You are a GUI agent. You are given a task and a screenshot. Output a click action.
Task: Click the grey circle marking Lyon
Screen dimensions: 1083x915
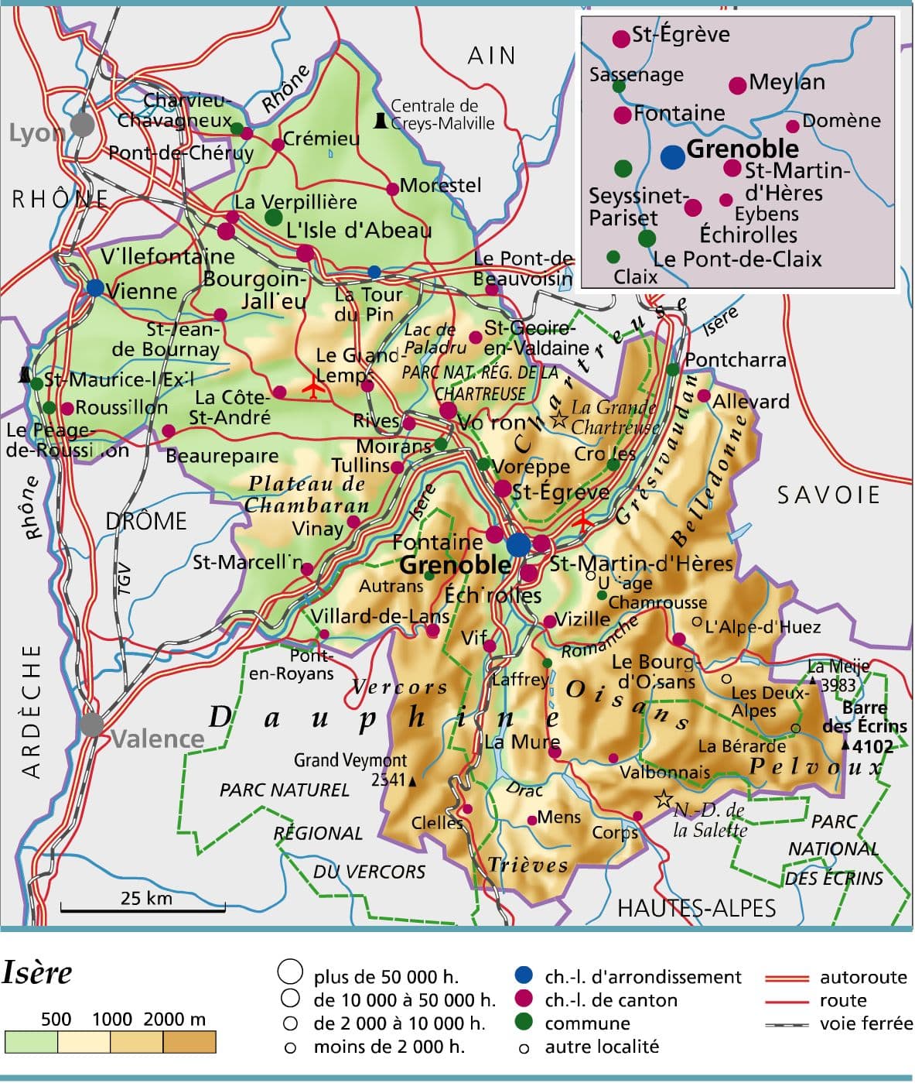[82, 124]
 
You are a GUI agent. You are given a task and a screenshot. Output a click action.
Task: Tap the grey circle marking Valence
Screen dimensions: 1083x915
[91, 725]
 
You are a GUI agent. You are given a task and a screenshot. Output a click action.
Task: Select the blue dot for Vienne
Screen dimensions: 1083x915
[95, 288]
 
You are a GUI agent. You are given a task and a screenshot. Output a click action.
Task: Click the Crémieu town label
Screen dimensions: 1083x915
[321, 139]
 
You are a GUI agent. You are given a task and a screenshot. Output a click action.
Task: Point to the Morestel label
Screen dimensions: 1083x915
[440, 186]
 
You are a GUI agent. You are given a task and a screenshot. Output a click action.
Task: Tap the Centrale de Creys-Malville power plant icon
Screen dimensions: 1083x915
[380, 120]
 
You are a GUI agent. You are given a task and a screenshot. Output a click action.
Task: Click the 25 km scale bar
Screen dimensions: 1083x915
[143, 906]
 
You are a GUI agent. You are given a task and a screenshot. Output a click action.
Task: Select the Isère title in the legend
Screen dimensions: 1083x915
[37, 973]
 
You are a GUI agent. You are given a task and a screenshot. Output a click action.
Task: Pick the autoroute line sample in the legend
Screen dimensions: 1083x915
[786, 978]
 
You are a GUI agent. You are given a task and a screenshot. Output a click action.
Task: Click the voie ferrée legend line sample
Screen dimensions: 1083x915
[786, 1025]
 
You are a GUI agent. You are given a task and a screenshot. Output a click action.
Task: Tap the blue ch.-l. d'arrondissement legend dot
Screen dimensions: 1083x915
[524, 977]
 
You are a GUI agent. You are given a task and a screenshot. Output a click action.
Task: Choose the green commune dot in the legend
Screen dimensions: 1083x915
[524, 1023]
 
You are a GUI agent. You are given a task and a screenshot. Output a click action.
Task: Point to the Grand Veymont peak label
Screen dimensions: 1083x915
[350, 760]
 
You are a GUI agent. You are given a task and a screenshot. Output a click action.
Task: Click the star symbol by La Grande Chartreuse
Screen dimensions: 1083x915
[558, 420]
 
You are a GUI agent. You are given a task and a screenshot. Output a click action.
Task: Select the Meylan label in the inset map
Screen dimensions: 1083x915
[787, 82]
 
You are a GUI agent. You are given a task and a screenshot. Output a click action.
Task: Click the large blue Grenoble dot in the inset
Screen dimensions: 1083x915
[673, 156]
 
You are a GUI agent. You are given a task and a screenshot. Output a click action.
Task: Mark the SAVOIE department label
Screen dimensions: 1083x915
[828, 495]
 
